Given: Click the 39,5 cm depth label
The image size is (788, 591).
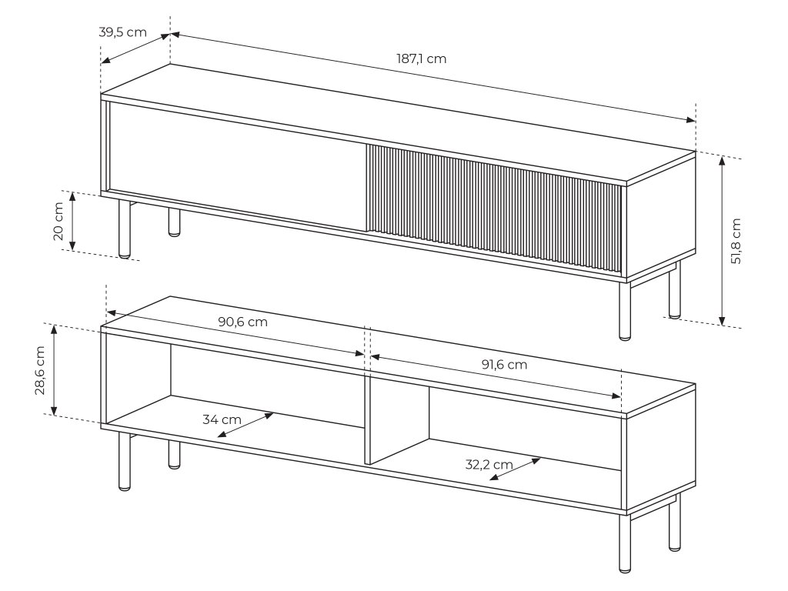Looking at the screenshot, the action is coord(122,32).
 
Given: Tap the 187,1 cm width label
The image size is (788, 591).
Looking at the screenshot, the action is coord(421,58).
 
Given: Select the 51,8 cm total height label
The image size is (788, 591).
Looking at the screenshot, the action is coord(736,241).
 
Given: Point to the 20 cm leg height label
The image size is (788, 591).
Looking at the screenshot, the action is coord(58,221).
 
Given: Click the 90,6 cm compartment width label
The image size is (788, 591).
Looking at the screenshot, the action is coord(242,322).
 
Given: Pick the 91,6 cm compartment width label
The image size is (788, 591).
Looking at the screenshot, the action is coord(505,364).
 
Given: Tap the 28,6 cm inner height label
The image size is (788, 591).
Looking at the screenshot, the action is coord(41,370).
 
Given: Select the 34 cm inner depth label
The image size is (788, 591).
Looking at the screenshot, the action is coord(222,419).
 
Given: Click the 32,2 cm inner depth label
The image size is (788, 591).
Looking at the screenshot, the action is coord(489,464).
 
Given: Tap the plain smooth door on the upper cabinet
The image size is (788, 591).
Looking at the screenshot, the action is coord(235,166).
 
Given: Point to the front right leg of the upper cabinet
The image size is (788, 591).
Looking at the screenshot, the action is coord(625,310).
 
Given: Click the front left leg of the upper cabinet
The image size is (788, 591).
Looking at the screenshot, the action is coord(124,229).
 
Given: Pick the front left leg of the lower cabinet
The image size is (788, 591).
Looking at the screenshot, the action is coord(124,462).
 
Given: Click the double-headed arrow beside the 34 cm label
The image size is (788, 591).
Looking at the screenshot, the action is coord(245,425).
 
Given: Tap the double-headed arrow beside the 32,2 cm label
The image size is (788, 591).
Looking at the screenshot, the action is coord(515,469).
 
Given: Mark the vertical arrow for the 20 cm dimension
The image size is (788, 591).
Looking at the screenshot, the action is coord(72,221).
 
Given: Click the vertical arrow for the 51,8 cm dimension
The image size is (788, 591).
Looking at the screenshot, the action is coord(722,241).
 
